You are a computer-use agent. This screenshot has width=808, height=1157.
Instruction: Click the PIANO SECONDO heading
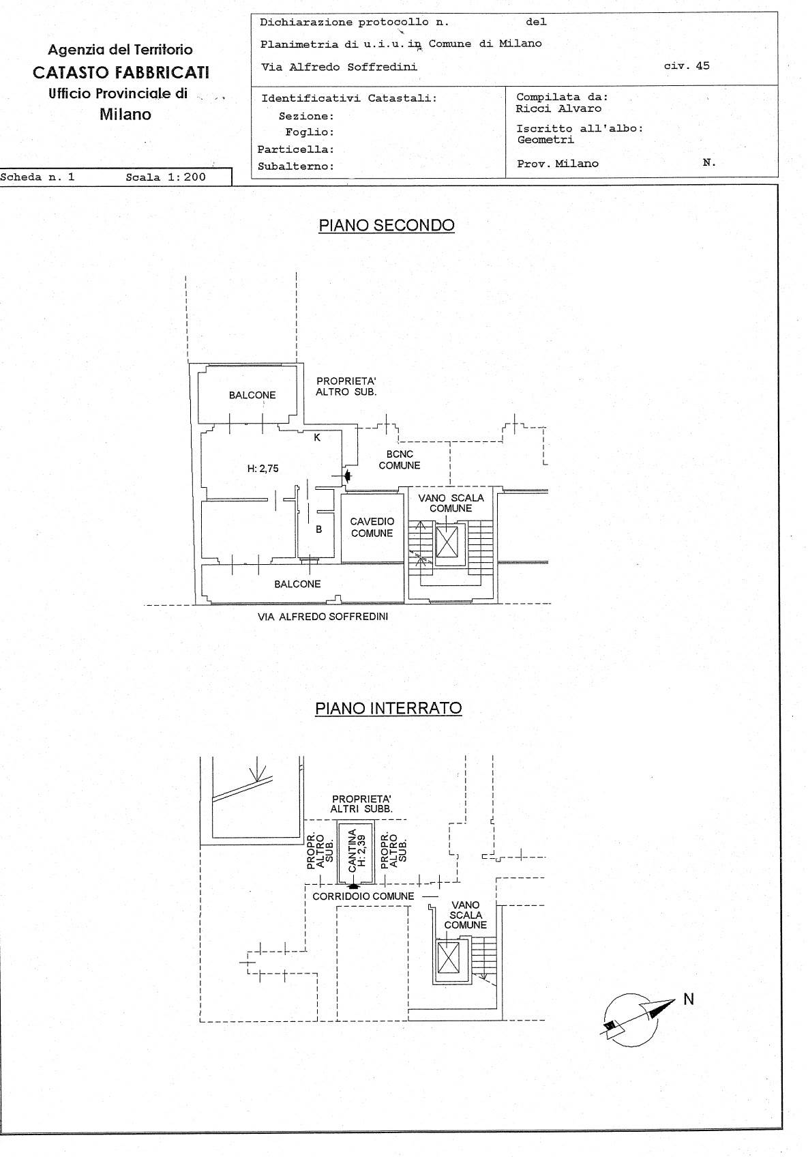[386, 225]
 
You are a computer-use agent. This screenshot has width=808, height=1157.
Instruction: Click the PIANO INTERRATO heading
[388, 708]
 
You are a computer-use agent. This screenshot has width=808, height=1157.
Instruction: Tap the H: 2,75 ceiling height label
[263, 469]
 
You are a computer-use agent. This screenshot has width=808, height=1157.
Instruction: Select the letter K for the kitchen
[317, 437]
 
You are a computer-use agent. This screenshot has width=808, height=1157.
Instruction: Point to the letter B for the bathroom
[319, 529]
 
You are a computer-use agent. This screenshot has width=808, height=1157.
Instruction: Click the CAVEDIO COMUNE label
[372, 527]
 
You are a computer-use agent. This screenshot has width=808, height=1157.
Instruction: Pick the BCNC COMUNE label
[400, 460]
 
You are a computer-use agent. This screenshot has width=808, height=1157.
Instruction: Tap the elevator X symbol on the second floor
[447, 542]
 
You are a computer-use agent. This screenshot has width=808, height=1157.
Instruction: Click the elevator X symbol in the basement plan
[447, 957]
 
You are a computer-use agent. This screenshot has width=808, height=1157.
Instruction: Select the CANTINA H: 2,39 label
[356, 851]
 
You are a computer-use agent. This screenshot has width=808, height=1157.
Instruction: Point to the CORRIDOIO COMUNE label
[363, 896]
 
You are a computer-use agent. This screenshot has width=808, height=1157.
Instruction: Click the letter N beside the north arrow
[689, 999]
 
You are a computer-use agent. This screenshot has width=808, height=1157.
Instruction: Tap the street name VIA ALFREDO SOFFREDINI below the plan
[323, 616]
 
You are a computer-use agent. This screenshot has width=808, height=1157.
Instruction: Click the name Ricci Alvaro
[558, 108]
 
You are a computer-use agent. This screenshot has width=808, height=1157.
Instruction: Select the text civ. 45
[687, 65]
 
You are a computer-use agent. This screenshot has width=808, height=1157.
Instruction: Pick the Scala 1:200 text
[166, 177]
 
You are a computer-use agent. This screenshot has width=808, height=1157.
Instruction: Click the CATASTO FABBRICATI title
[121, 72]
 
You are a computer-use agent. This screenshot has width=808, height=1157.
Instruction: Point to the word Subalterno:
[296, 166]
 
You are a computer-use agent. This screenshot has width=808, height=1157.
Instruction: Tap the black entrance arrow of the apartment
[348, 475]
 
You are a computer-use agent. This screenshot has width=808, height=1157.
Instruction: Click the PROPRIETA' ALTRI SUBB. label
[361, 804]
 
